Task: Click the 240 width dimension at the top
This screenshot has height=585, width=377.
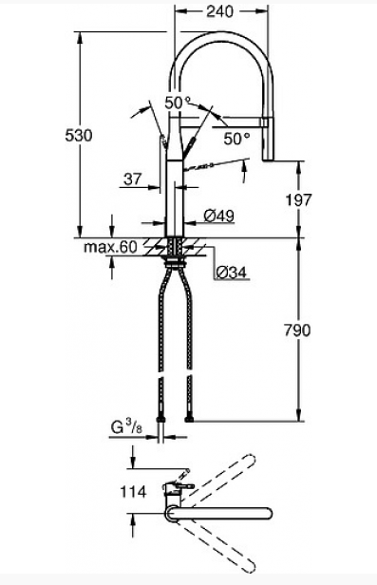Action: [x=220, y=11]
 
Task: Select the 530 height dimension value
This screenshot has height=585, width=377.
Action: [x=78, y=135]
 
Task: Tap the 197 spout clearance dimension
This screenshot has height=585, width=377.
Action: [x=298, y=200]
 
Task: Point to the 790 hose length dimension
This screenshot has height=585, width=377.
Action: [x=297, y=330]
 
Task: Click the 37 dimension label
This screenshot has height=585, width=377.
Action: [x=133, y=179]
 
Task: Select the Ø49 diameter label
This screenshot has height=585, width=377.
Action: [x=219, y=216]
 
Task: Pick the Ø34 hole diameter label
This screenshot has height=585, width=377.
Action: [x=232, y=273]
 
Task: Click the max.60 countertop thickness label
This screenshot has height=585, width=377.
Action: [x=111, y=247]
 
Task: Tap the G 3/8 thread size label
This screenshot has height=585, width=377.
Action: [x=126, y=427]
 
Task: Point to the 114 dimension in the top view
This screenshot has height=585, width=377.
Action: [x=133, y=492]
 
